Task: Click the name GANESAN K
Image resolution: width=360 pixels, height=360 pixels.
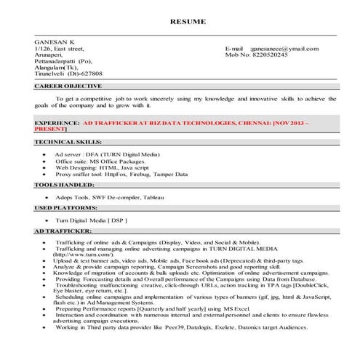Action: pyautogui.click(x=54, y=41)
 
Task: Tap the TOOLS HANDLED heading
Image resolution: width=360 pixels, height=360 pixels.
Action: pyautogui.click(x=65, y=185)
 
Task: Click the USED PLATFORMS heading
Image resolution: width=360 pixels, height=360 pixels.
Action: pyautogui.click(x=67, y=207)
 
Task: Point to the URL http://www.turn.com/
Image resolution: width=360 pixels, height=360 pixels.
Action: pyautogui.click(x=80, y=255)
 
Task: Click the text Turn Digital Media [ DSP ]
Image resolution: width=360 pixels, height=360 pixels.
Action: pyautogui.click(x=92, y=219)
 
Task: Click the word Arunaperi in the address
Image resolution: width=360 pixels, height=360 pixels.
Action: pyautogui.click(x=50, y=55)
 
